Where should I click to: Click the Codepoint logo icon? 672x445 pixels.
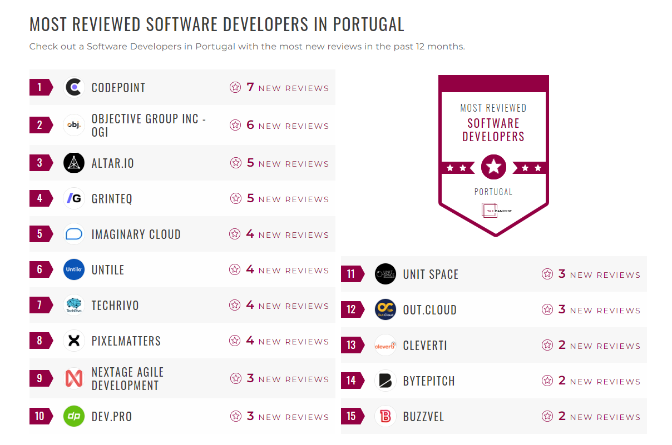point(74,87)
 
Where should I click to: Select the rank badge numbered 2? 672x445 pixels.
point(40,125)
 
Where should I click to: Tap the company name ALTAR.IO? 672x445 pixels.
point(112,163)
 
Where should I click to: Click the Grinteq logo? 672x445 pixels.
point(74,198)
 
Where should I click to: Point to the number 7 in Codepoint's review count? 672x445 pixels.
point(250,87)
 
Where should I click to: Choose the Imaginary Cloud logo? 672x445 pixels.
point(74,234)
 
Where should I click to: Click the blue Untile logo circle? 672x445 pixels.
point(74,269)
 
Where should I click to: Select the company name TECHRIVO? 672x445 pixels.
point(115,306)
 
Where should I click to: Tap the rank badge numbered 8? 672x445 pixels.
point(40,341)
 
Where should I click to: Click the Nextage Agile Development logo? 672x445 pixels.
point(74,378)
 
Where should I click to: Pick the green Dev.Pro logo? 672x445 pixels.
point(74,416)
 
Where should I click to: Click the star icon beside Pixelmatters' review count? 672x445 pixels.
point(235,341)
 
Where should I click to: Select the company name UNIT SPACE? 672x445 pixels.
point(431,274)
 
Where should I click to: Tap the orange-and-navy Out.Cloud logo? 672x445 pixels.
point(386,309)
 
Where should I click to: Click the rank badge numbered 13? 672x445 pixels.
point(352,345)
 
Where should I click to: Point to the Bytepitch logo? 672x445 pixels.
point(386,381)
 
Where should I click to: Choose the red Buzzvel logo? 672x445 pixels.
point(386,416)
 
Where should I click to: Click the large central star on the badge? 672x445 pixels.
point(493,167)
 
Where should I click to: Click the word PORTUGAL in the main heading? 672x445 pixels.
point(368,24)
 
